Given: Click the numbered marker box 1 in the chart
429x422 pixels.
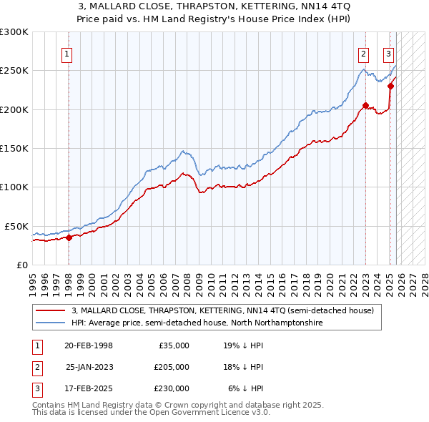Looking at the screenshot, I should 66,53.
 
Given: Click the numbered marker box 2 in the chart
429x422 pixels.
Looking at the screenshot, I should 363,53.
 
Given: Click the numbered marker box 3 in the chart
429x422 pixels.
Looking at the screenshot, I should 388,53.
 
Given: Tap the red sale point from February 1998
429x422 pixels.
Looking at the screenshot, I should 69,237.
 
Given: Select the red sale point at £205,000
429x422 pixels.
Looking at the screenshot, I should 365,106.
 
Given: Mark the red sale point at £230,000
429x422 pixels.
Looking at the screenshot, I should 391,87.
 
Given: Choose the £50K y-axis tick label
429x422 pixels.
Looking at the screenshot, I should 16,226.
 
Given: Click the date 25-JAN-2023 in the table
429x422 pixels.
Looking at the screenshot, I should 89,367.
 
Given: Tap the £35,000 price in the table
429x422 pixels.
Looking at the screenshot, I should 174,345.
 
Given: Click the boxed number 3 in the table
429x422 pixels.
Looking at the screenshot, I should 36,388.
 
